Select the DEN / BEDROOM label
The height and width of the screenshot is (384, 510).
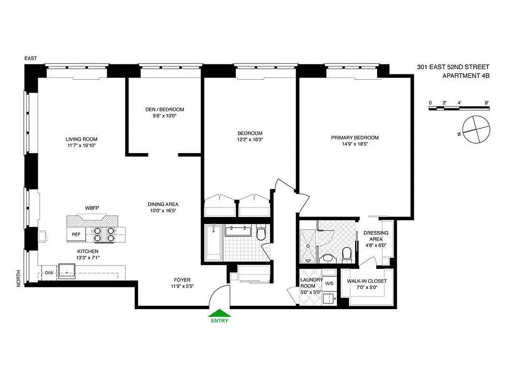pos(164,109)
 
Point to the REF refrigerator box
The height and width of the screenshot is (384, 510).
pos(76,234)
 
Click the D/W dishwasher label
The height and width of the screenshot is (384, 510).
pos(49,273)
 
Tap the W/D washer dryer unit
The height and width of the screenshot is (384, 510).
pos(329,284)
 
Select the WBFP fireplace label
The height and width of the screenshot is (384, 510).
pos(92,208)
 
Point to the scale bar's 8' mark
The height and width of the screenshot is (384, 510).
pos(487,103)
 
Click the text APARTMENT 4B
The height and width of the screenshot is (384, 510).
pos(465,76)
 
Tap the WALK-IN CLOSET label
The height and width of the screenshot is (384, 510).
pos(367,281)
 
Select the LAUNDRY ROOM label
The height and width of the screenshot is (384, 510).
pos(311,283)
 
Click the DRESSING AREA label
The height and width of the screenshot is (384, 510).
pos(376,236)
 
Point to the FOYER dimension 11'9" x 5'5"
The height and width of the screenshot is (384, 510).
pos(182,287)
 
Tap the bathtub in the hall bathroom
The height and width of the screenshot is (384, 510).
pos(211,242)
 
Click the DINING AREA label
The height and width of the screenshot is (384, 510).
pos(163,204)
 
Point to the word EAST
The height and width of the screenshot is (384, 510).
pos(31,59)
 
